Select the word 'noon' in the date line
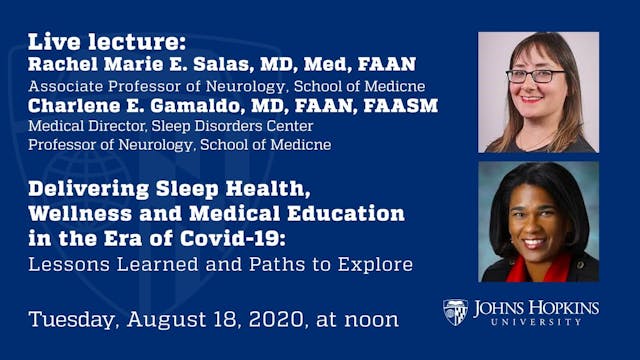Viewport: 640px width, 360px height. (369, 320)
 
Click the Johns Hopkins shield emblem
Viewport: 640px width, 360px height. (455, 312)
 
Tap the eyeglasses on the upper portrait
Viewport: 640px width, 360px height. (535, 75)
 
